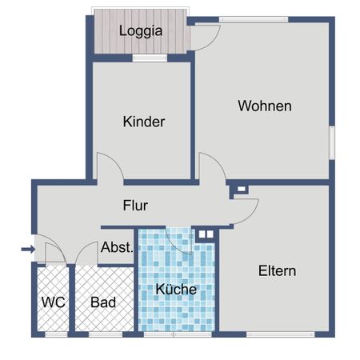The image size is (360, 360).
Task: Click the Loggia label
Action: click(141, 32)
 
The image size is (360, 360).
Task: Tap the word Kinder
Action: click(144, 122)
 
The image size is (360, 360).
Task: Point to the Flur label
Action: click(135, 206)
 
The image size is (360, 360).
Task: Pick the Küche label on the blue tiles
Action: click(176, 290)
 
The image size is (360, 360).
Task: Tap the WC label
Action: click(53, 303)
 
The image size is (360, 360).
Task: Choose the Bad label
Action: click(103, 303)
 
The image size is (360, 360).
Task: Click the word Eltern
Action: click(277, 271)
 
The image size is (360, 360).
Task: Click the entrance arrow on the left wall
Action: click(27, 250)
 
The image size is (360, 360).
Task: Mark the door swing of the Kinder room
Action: click(108, 167)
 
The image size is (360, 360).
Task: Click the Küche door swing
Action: click(178, 241)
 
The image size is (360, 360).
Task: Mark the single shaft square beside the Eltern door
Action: click(239, 190)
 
